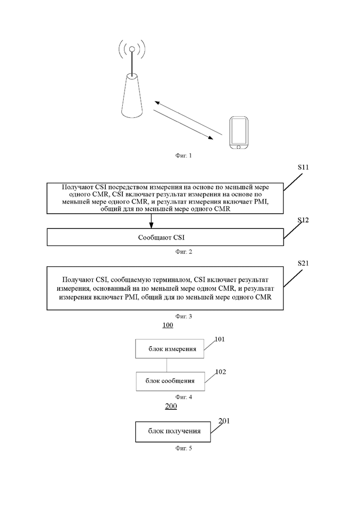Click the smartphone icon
pyautogui.click(x=239, y=133)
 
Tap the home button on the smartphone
pyautogui.click(x=239, y=147)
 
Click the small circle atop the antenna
pyautogui.click(x=132, y=49)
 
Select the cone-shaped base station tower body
pyautogui.click(x=132, y=96)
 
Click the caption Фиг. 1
pyautogui.click(x=183, y=156)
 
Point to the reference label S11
pyautogui.click(x=303, y=167)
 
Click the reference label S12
pyautogui.click(x=303, y=220)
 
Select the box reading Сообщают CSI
pyautogui.click(x=165, y=237)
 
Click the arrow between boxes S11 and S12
pyautogui.click(x=151, y=221)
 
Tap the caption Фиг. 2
pyautogui.click(x=183, y=252)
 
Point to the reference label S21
pyautogui.click(x=303, y=263)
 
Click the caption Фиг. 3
pyautogui.click(x=183, y=316)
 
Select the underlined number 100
pyautogui.click(x=168, y=325)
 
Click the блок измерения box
pyautogui.click(x=170, y=349)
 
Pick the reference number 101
pyautogui.click(x=220, y=339)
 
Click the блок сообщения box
pyautogui.click(x=170, y=382)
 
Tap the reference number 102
pyautogui.click(x=221, y=371)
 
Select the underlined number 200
pyautogui.click(x=171, y=406)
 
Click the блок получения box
pyautogui.click(x=173, y=432)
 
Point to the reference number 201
pyautogui.click(x=224, y=421)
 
